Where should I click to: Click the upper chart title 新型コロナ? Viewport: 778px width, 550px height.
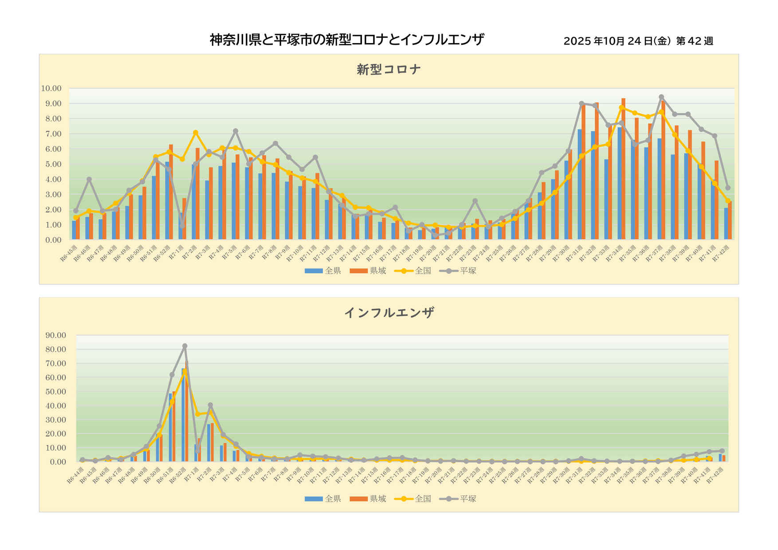tap(389, 70)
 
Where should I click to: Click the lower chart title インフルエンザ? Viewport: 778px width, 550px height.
tap(389, 313)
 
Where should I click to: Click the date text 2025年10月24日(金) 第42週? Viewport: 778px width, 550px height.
tap(638, 41)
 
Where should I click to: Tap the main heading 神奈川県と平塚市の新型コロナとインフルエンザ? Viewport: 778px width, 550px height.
tap(346, 40)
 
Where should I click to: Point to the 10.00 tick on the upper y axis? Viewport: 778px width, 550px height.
tap(51, 88)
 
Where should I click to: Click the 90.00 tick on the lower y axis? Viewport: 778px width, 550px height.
tap(55, 335)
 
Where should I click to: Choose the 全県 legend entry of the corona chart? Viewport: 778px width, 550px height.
tap(323, 271)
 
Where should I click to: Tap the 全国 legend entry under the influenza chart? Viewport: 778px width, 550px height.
tap(413, 499)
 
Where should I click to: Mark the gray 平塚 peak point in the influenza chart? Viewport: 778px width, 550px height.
tap(185, 346)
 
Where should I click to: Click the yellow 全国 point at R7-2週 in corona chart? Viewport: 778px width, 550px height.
tap(196, 133)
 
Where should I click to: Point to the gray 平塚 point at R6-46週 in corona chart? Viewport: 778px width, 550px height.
tap(89, 179)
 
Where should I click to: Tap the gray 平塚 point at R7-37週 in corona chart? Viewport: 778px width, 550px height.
tap(661, 97)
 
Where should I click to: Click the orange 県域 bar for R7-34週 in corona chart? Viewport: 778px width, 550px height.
tap(623, 169)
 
